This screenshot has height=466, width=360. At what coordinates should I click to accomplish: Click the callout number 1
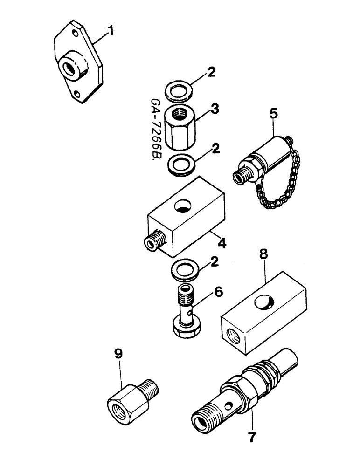[x=111, y=32]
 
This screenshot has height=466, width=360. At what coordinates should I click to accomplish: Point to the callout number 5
[x=273, y=113]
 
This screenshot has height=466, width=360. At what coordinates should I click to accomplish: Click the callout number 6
[x=218, y=292]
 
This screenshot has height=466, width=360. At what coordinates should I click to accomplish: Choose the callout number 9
[x=118, y=355]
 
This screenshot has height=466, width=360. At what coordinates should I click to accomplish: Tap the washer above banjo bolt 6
[x=185, y=270]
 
